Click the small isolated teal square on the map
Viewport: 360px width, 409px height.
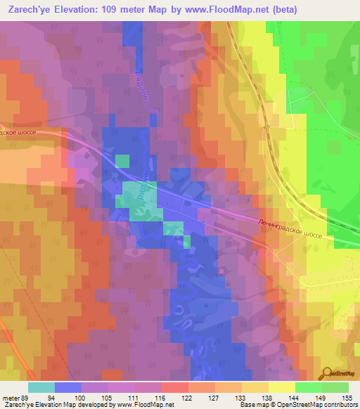[x=122, y=161]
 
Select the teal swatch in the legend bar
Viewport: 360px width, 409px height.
[x=41, y=387]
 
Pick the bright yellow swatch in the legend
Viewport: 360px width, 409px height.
[x=281, y=387]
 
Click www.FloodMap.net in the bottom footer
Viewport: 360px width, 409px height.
[x=145, y=405]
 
